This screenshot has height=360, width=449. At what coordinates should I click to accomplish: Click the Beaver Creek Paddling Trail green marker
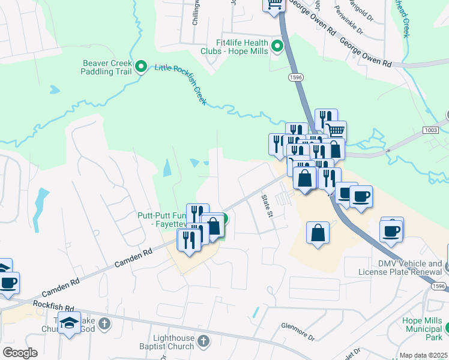tap(141, 66)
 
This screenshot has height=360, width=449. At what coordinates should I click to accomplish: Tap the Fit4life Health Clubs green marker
tap(277, 46)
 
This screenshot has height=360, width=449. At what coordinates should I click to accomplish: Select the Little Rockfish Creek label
tap(181, 84)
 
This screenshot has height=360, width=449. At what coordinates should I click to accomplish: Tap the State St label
tap(267, 205)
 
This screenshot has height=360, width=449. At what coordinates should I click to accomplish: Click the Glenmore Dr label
tap(298, 331)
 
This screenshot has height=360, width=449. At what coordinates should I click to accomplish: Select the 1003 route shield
tap(430, 130)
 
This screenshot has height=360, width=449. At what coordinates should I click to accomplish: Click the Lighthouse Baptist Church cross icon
tap(203, 342)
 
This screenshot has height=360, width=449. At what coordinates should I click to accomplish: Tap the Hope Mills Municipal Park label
tap(424, 328)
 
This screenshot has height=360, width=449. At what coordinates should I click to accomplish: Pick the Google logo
tap(20, 353)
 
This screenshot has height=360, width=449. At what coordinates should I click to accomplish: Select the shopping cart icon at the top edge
tap(273, 5)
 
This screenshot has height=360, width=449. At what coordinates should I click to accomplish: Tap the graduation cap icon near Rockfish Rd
tap(69, 322)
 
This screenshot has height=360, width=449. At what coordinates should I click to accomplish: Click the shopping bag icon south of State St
tap(318, 233)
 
